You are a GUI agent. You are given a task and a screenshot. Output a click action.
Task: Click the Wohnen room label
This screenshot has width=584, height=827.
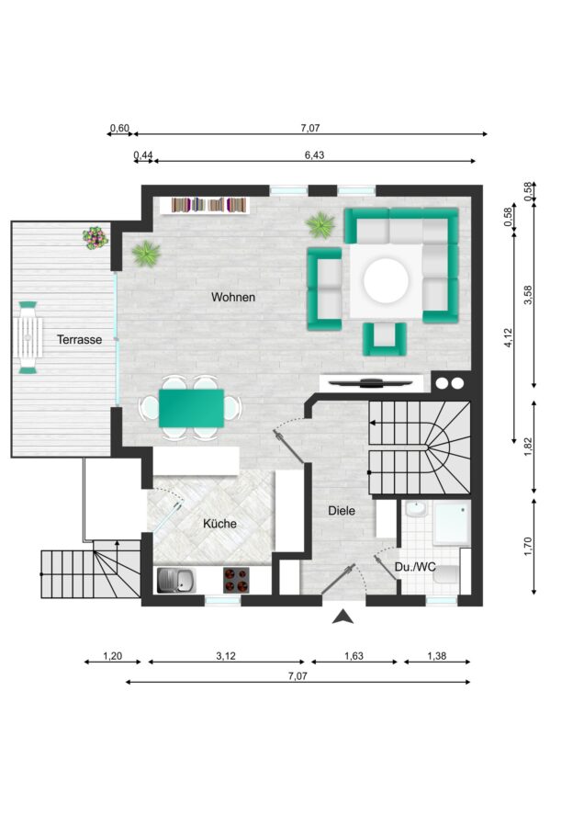pyautogui.click(x=233, y=297)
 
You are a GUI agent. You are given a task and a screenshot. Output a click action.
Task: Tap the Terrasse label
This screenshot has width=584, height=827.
pyautogui.click(x=79, y=340)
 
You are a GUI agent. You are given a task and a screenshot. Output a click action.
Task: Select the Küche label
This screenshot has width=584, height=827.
pyautogui.click(x=219, y=524)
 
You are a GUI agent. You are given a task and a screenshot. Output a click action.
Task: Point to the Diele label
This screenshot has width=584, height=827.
pyautogui.click(x=342, y=511)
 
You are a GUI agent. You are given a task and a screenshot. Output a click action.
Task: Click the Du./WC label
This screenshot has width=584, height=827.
pyautogui.click(x=415, y=567)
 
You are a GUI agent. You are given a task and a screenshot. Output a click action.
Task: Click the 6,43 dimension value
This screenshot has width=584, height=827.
pyautogui.click(x=314, y=155)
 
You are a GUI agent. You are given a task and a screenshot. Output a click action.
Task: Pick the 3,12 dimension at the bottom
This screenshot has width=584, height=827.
pyautogui.click(x=226, y=656)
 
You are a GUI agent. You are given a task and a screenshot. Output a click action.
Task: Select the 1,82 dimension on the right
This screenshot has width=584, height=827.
pyautogui.click(x=529, y=447)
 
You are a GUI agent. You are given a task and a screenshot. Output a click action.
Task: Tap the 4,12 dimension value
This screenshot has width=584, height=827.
pyautogui.click(x=508, y=337)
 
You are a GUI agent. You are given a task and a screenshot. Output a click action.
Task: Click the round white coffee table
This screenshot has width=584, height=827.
pyautogui.click(x=387, y=280)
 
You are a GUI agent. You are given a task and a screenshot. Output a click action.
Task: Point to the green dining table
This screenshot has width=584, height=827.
pyautogui.click(x=191, y=408)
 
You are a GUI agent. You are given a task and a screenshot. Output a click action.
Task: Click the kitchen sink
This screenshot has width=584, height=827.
pyautogui.click(x=176, y=580)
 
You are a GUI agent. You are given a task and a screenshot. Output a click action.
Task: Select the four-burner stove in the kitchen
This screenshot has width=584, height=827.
pyautogui.click(x=236, y=580)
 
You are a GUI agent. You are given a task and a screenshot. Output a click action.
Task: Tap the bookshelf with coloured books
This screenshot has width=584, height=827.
pyautogui.click(x=205, y=205)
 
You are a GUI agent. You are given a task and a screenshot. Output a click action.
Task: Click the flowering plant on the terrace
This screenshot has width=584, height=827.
pyautogui.click(x=95, y=237)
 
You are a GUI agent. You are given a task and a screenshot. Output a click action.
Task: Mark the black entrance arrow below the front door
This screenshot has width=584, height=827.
pyautogui.click(x=343, y=617)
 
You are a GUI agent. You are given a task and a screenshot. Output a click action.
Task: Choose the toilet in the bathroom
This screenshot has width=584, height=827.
pyautogui.click(x=446, y=573)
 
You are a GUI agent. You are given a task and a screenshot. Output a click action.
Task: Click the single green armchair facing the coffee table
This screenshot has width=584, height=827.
pyautogui.click(x=385, y=338)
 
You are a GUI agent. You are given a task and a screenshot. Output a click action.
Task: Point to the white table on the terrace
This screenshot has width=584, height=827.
pyautogui.click(x=28, y=337)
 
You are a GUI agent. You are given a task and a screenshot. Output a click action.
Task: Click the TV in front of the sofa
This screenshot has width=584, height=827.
pyautogui.click(x=371, y=382)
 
